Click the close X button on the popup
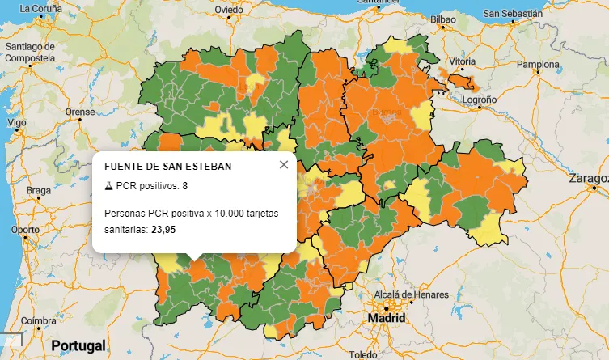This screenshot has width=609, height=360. point(283,165)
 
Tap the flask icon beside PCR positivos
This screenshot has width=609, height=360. point(109,187)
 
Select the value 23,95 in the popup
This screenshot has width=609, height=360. point(163,230)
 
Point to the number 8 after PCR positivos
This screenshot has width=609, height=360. point(184,187)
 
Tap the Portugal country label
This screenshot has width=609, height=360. point(78,346)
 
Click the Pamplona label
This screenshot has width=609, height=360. point(538,64)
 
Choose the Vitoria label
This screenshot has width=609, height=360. point(463,61)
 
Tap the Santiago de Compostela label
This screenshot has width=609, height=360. point(30,52)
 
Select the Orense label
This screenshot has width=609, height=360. point(80,112)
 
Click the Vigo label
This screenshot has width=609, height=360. point(16,122)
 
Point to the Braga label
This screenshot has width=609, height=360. point(38,191)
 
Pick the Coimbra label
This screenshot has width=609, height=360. point(39,320)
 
